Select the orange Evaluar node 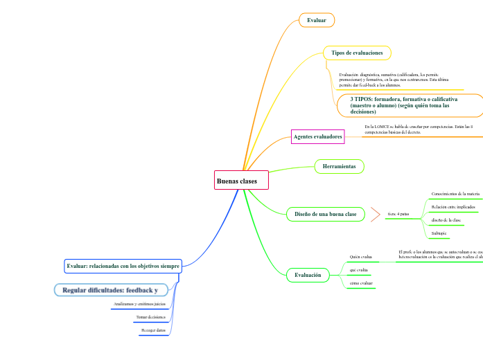coord(317,20)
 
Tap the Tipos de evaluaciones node coord(357,53)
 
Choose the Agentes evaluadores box coord(318,137)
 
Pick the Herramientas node coord(339,166)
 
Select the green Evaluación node coord(308,275)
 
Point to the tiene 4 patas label coord(398,214)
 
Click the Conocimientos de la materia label coord(455,194)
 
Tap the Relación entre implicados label coord(453,207)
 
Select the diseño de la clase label coord(446,219)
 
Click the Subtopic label coord(439,233)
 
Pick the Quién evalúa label coord(361,257)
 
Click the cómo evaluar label coord(361,283)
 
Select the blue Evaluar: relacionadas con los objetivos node coord(123,266)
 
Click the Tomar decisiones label coord(151,316)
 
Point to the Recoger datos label coord(153,330)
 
